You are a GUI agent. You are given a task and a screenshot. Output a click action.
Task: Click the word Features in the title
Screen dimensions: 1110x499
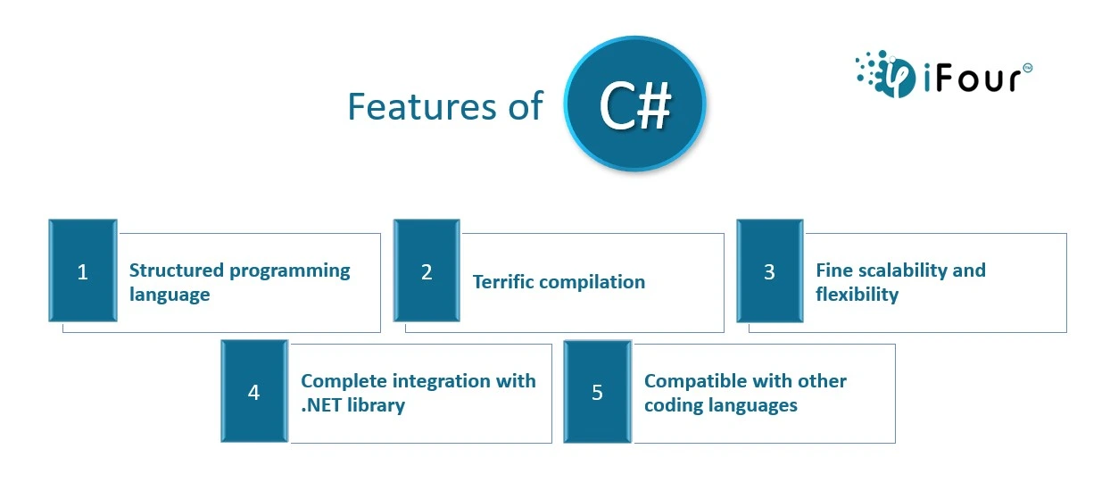pos(422,106)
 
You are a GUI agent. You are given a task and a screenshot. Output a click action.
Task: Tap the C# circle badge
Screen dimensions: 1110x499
pos(634,104)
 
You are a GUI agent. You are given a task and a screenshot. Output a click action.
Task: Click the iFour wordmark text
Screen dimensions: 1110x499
pos(973,78)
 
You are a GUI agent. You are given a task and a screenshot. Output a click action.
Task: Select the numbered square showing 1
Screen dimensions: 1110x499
pos(83,270)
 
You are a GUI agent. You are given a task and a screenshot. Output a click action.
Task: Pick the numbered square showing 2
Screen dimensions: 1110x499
pos(427,270)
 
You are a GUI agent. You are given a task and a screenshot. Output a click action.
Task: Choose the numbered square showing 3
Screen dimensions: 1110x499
pos(769,270)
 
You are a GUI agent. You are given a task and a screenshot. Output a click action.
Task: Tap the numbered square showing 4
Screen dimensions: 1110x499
pos(254,391)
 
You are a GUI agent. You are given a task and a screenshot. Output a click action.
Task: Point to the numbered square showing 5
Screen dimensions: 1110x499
pos(598,391)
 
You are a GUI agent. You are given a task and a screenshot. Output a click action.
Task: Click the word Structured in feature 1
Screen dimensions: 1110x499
pos(177,270)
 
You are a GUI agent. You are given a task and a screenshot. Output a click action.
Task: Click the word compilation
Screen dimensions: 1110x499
pos(592,283)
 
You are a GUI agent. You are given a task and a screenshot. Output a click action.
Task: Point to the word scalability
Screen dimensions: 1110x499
pos(903,271)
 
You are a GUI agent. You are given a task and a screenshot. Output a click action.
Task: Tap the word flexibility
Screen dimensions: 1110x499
pos(857,295)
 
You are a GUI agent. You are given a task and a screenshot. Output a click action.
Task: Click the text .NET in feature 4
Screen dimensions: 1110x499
pos(321,405)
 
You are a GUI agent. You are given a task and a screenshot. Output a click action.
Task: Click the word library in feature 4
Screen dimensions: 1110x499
pos(377,406)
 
